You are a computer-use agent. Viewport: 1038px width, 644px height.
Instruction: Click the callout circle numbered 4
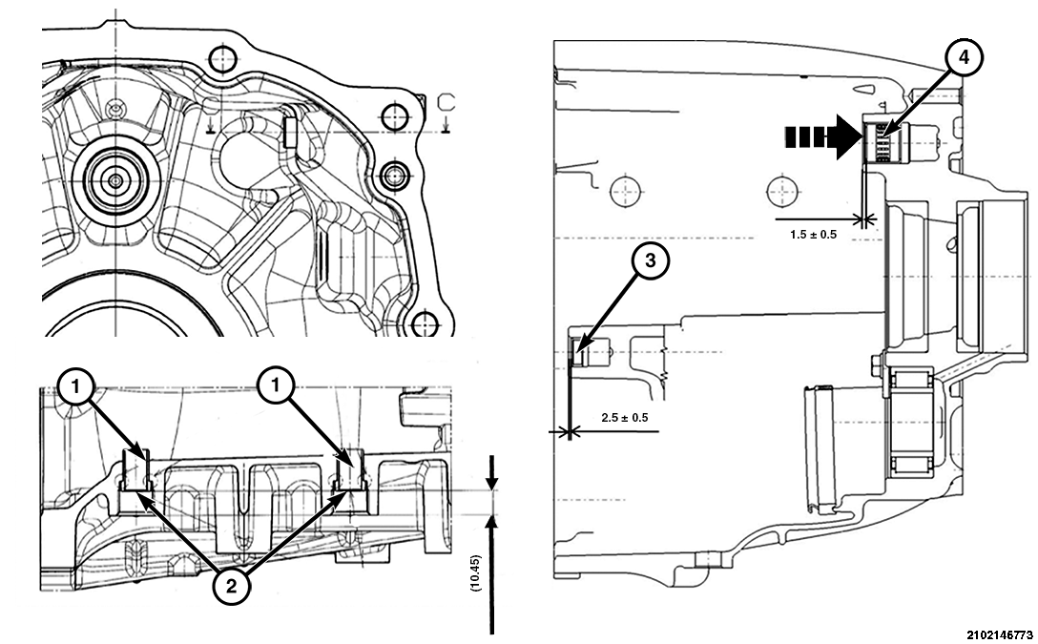pyautogui.click(x=965, y=59)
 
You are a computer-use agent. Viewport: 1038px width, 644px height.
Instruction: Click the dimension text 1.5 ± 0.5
pyautogui.click(x=813, y=235)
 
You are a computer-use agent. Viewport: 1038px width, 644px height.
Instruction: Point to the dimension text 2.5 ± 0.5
pyautogui.click(x=624, y=418)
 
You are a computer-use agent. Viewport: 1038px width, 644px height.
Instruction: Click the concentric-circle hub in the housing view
pyautogui.click(x=115, y=179)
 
